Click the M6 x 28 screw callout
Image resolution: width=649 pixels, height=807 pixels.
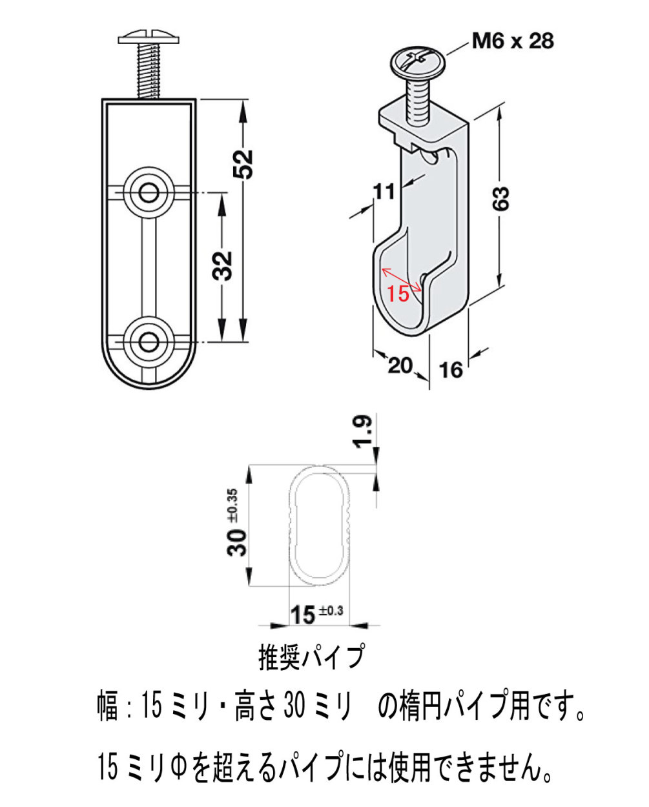(x=513, y=41)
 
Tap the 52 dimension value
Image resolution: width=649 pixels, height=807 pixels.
(x=243, y=164)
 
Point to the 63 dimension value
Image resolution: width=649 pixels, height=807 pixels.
(x=502, y=198)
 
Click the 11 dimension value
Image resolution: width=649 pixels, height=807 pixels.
(x=384, y=192)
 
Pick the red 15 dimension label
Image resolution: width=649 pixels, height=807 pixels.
(x=398, y=293)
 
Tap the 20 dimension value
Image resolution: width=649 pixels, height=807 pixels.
(x=400, y=365)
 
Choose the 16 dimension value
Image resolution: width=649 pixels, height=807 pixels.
(x=451, y=370)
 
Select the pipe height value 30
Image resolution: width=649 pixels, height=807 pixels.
(x=237, y=542)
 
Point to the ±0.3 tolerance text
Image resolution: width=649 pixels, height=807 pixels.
(x=331, y=611)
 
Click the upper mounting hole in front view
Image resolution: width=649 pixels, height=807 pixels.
(x=149, y=194)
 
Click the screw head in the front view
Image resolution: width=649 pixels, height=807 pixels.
(x=149, y=37)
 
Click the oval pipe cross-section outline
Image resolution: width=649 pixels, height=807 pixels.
(x=290, y=525)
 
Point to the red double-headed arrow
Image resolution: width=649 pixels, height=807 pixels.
(x=401, y=280)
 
